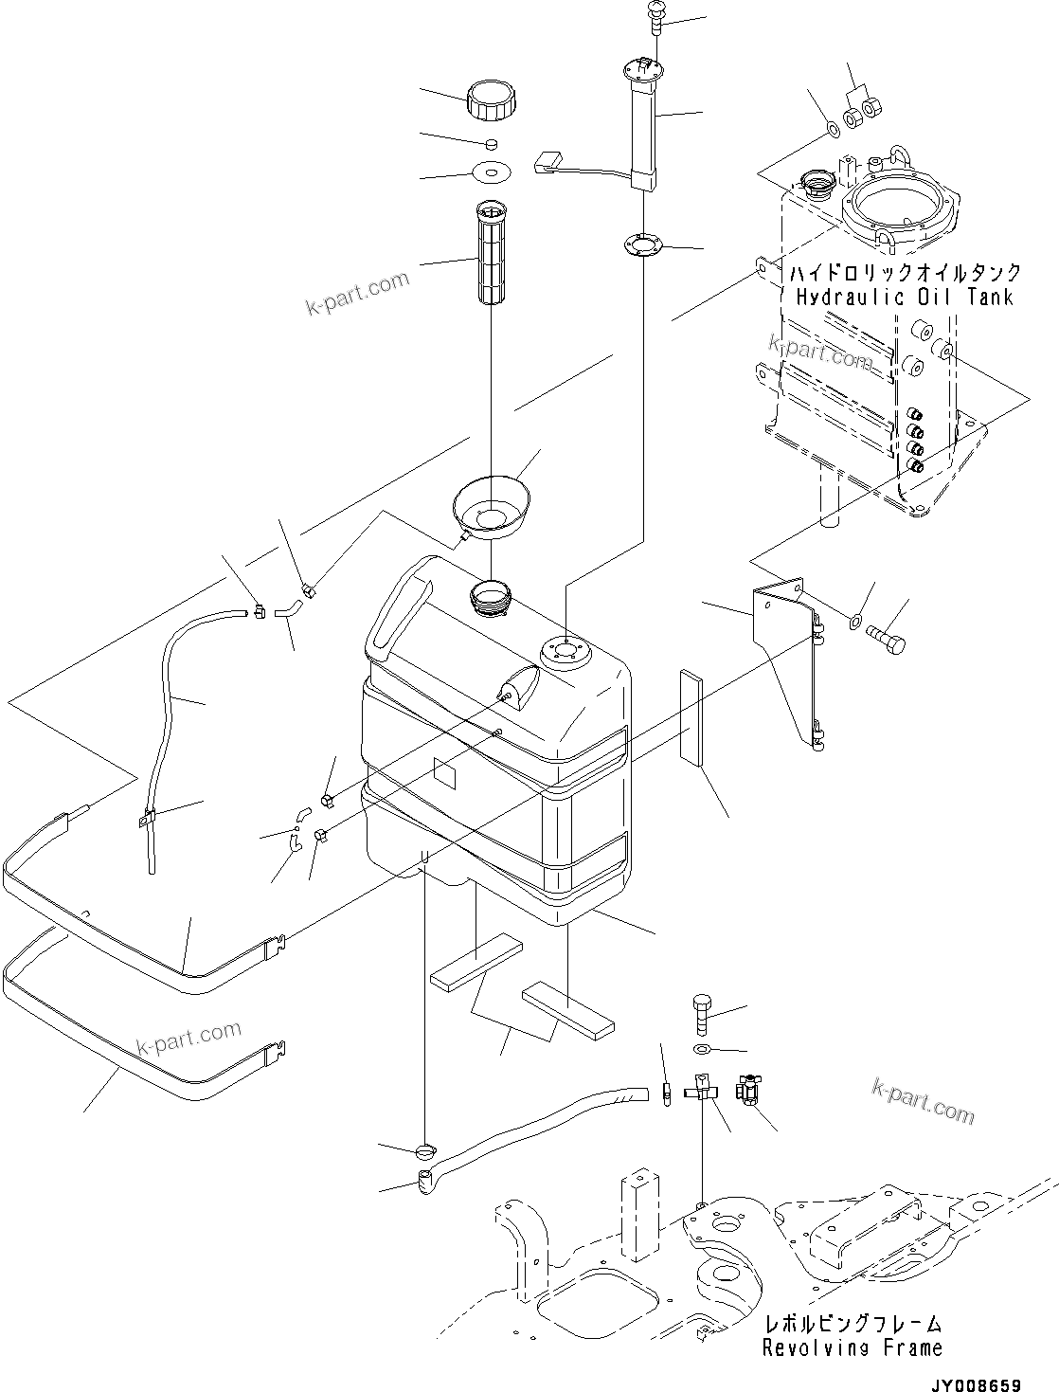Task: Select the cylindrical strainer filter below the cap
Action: pyautogui.click(x=493, y=253)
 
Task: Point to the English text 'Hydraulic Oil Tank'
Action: pyautogui.click(x=904, y=298)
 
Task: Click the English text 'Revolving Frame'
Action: pyautogui.click(x=853, y=1347)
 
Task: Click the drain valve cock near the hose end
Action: pyautogui.click(x=748, y=1092)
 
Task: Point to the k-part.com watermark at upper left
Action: pyautogui.click(x=357, y=294)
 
